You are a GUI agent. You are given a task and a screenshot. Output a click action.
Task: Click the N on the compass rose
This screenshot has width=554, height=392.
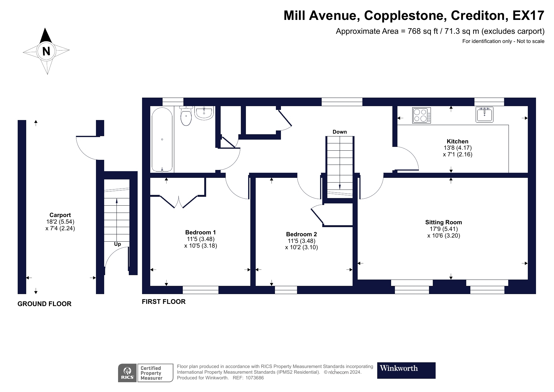46,51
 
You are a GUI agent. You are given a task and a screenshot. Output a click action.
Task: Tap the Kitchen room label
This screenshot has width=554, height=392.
457,142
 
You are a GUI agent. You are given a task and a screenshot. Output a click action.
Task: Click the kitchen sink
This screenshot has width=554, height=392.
484,114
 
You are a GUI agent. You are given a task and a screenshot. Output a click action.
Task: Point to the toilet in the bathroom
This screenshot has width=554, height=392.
186,116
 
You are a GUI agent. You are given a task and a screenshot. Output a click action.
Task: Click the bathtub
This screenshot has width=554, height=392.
162,139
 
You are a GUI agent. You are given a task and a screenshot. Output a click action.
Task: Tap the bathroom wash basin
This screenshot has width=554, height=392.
204,113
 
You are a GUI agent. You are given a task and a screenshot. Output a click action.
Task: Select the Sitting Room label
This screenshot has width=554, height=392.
444,222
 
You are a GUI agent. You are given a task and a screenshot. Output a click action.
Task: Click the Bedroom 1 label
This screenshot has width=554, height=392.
200,232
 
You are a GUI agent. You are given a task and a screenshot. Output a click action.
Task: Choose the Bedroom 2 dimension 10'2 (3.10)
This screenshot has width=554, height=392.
301,247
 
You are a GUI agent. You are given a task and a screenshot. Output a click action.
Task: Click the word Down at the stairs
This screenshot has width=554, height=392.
340,132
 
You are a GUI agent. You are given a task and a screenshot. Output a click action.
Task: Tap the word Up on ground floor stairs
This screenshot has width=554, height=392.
117,244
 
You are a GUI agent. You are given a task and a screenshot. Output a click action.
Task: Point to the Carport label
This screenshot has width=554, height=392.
60,215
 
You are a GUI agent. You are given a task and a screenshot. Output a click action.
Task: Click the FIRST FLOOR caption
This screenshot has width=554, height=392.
164,302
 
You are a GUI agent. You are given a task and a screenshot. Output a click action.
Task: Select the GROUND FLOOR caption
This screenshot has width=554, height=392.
45,304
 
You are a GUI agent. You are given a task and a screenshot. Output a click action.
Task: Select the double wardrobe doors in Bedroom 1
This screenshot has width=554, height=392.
179,202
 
